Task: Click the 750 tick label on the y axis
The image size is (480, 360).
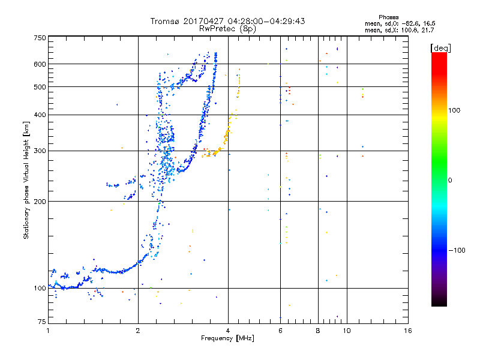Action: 40,38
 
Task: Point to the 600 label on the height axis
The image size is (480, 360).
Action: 40,64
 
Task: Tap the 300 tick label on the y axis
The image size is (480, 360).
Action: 40,151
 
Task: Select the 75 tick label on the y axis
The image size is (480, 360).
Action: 42,322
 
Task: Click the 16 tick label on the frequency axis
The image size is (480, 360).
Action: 408,331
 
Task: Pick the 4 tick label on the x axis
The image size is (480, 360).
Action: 228,331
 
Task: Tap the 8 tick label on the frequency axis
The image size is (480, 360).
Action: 318,331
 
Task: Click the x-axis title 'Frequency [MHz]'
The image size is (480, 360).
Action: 227,338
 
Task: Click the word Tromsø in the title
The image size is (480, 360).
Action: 164,21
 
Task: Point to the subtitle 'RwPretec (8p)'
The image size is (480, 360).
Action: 227,29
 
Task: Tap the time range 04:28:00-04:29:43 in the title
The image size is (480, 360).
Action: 266,21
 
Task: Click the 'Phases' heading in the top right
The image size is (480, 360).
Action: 388,17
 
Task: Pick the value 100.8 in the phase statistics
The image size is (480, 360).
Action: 409,30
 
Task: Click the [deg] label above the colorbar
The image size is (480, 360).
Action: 440,48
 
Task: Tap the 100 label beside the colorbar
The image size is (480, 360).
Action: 454,110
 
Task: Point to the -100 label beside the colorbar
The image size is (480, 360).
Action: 457,250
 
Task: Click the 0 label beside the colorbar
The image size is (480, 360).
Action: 450,181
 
